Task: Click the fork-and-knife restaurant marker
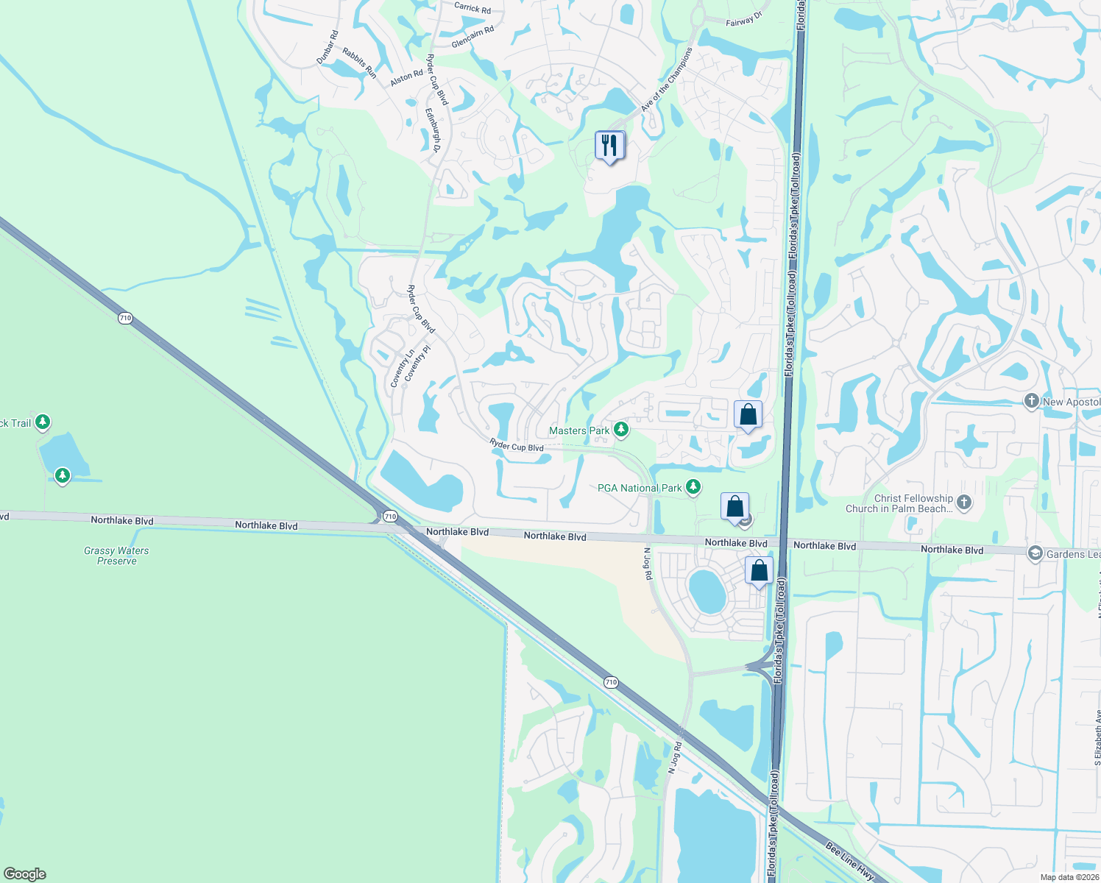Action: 609,146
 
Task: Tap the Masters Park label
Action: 579,430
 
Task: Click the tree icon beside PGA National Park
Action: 693,487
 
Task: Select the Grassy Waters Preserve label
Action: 116,556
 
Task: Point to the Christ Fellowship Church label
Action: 899,503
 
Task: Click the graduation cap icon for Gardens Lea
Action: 1035,553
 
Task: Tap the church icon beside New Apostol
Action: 1032,401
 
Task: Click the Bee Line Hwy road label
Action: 849,862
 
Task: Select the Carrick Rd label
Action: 472,8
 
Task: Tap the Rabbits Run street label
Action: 360,63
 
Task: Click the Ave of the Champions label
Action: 667,79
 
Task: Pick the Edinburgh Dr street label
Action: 433,131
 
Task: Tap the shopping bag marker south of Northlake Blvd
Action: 759,571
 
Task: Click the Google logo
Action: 25,873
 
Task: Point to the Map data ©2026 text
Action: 1069,877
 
